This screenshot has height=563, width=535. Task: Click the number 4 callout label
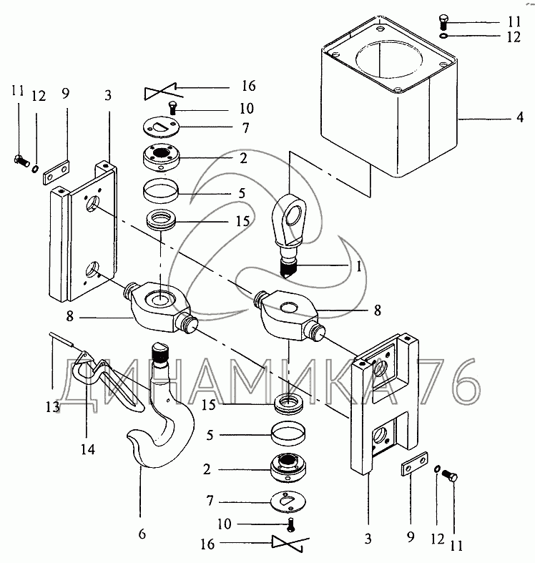point(519,118)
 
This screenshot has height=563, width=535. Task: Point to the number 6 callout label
point(142,534)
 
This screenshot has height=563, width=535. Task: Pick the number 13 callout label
point(52,407)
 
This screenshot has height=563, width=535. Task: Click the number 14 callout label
point(88,449)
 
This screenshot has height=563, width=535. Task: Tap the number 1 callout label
point(358,266)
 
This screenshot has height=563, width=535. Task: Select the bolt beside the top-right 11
point(444,23)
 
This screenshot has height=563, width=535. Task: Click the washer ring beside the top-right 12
point(443,36)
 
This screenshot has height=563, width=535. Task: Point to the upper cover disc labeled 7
point(160,127)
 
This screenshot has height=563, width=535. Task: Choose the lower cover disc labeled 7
point(288,501)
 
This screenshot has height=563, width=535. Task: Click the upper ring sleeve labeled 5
point(161,191)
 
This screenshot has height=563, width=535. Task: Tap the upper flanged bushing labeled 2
point(161,158)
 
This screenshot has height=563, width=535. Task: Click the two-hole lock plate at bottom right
point(414,464)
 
